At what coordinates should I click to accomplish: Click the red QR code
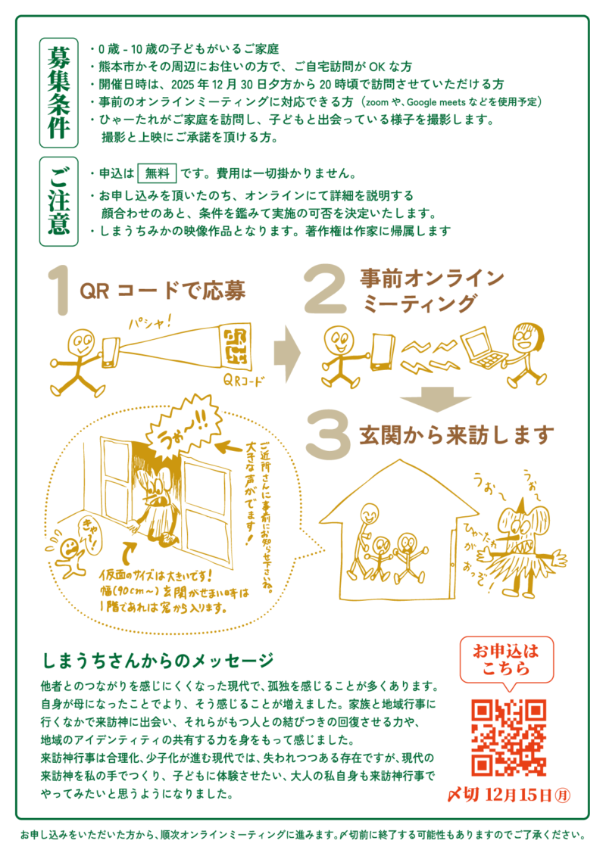[x=509, y=737]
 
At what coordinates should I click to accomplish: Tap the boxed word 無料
[x=158, y=173]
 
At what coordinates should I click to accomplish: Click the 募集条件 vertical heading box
[x=58, y=93]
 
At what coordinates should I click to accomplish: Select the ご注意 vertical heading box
[x=58, y=201]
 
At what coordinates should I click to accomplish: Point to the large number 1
[x=60, y=291]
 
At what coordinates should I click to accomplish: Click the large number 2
[x=326, y=289]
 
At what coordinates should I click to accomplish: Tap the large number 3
[x=328, y=437]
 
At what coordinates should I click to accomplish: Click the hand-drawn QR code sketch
[x=233, y=347]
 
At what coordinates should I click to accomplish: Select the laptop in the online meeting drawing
[x=483, y=347]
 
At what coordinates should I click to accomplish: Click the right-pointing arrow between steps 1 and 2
[x=287, y=354]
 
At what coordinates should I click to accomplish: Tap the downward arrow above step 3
[x=436, y=399]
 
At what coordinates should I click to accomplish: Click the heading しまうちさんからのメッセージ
[x=158, y=661]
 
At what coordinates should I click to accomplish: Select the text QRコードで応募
[x=162, y=291]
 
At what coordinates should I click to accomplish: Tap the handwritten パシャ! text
[x=150, y=322]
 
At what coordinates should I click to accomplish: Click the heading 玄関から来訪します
[x=456, y=435]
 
